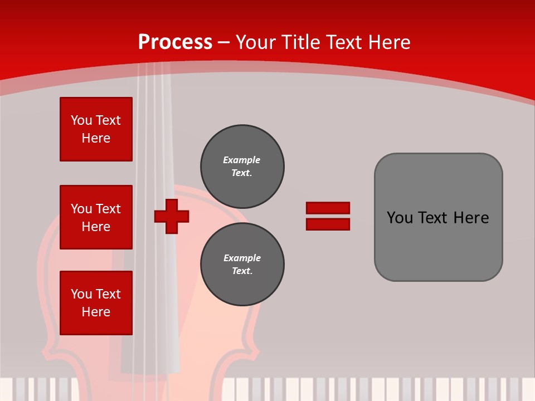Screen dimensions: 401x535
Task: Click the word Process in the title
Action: pyautogui.click(x=175, y=42)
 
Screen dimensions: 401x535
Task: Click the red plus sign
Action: pyautogui.click(x=172, y=216)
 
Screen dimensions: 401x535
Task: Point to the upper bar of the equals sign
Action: pyautogui.click(x=328, y=208)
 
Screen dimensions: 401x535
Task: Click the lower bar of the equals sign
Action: pyautogui.click(x=328, y=224)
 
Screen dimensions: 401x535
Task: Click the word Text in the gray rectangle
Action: pyautogui.click(x=434, y=218)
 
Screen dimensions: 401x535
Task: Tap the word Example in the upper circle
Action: pyautogui.click(x=242, y=160)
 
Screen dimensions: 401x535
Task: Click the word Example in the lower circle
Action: pyautogui.click(x=242, y=258)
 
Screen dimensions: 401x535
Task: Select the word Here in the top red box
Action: pyautogui.click(x=96, y=138)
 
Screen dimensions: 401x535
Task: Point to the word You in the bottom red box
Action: pyautogui.click(x=81, y=294)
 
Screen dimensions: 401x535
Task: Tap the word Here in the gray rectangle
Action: pyautogui.click(x=471, y=218)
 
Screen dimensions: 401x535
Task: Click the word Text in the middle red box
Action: pyautogui.click(x=108, y=209)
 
